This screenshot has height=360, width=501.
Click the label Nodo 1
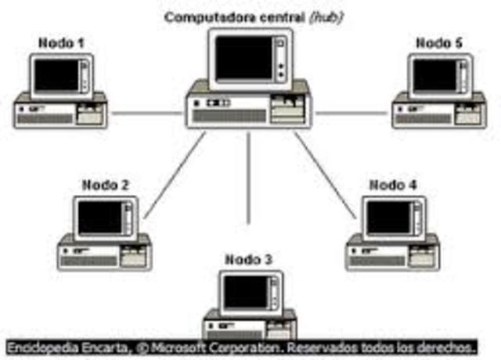[61, 43]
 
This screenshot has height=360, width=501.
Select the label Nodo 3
[248, 259]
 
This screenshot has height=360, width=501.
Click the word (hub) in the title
[326, 16]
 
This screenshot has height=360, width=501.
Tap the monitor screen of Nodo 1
[56, 75]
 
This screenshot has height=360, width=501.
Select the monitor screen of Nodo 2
[99, 218]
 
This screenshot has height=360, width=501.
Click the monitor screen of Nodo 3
[243, 293]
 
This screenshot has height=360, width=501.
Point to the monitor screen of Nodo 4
[388, 218]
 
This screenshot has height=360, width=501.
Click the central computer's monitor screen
[243, 56]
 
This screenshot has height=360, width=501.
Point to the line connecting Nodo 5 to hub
[351, 113]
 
